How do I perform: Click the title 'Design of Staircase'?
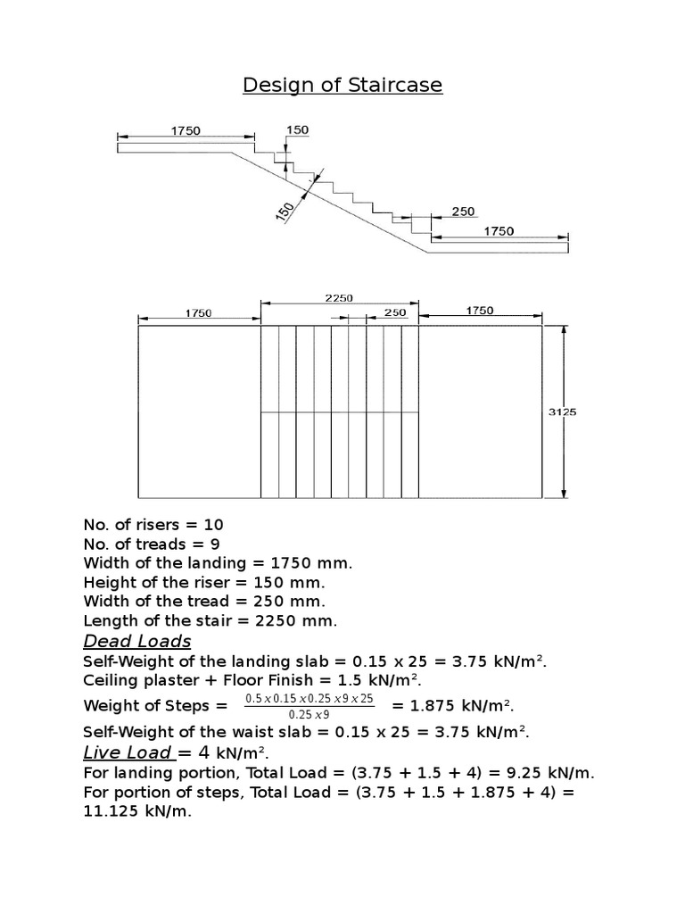[x=342, y=86]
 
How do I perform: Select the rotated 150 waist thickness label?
[x=285, y=211]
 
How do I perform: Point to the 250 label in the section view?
[x=463, y=212]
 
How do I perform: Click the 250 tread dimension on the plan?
[x=394, y=312]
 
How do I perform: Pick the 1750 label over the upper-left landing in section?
[x=186, y=131]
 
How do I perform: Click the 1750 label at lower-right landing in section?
[x=499, y=231]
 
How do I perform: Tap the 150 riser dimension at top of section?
[x=297, y=130]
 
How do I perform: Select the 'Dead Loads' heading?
[x=137, y=641]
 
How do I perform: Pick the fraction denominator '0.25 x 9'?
[x=309, y=714]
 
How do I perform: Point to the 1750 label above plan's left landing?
[x=198, y=313]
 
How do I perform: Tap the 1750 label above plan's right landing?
[x=480, y=311]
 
